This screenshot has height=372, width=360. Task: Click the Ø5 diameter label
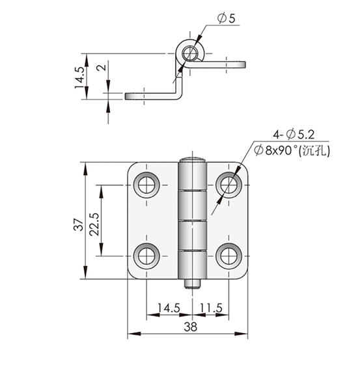pos(227,18)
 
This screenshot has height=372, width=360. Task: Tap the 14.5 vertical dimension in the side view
pos(79,78)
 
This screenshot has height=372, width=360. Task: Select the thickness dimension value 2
pos(102,68)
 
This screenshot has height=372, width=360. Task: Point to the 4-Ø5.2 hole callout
pos(294,135)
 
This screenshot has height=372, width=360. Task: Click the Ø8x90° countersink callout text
pos(292,150)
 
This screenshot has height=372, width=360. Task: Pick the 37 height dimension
pos(79,224)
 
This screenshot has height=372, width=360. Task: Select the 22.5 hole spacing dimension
pos(94,224)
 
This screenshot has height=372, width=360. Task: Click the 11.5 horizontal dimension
pos(211,308)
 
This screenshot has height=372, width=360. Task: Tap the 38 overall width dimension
pos(191,326)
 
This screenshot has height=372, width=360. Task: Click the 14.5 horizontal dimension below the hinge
pos(169,308)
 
